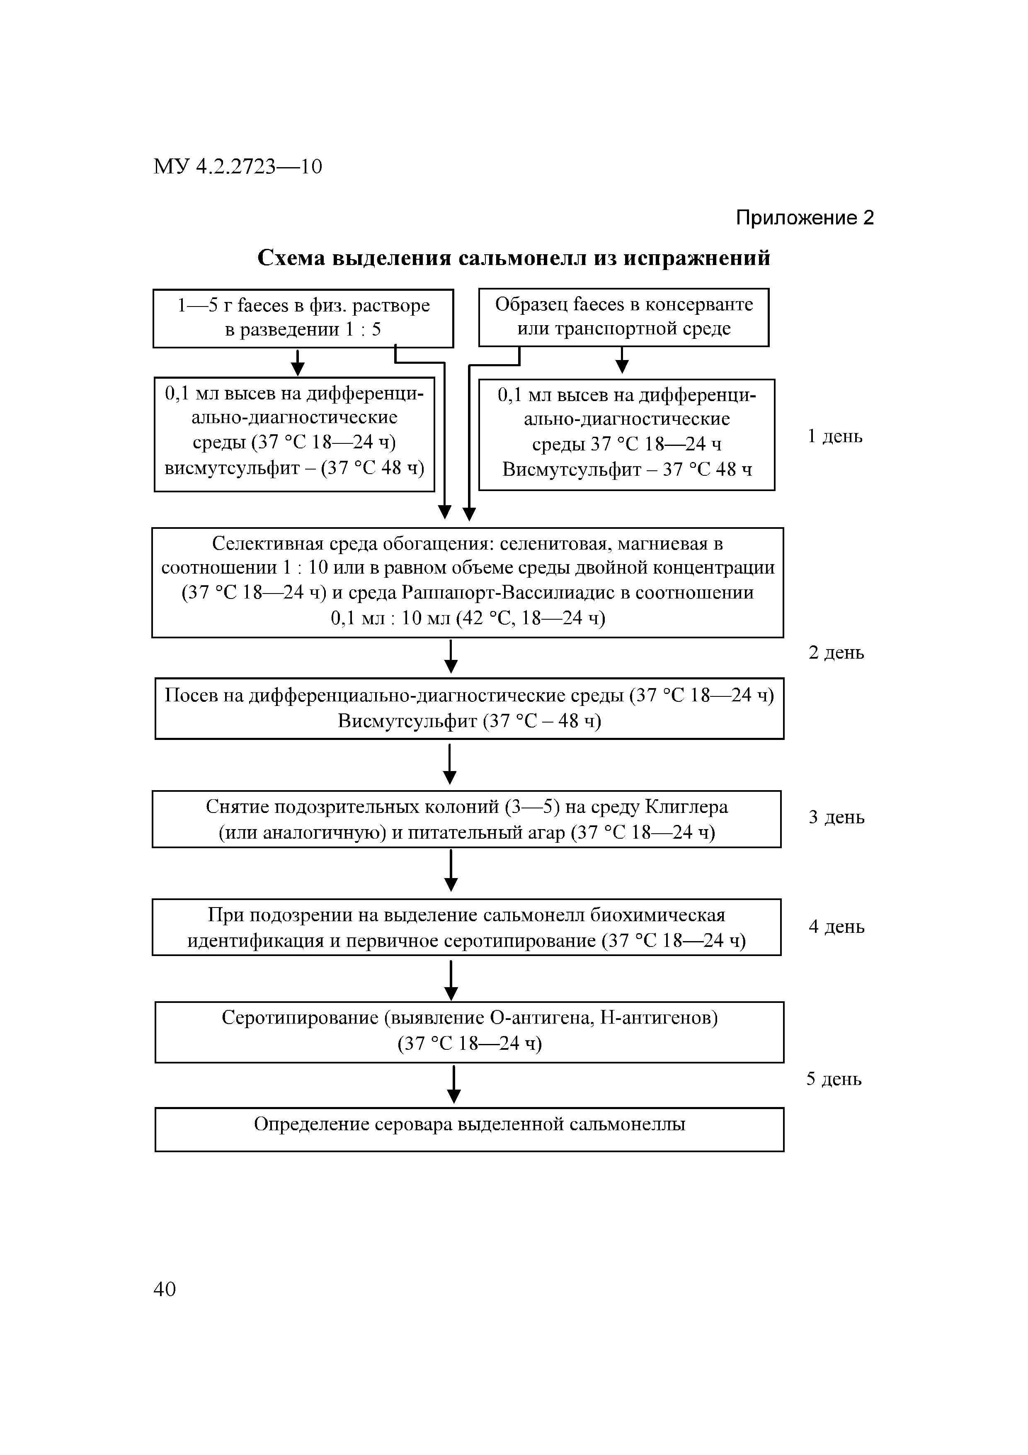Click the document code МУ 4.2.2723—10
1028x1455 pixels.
(238, 167)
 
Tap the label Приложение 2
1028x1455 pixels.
(805, 218)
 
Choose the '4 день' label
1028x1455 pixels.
(836, 927)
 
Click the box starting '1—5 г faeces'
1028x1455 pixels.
(303, 318)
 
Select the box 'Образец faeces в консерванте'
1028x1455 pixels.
(623, 317)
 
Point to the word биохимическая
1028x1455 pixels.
(657, 915)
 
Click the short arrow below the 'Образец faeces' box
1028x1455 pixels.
(622, 360)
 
